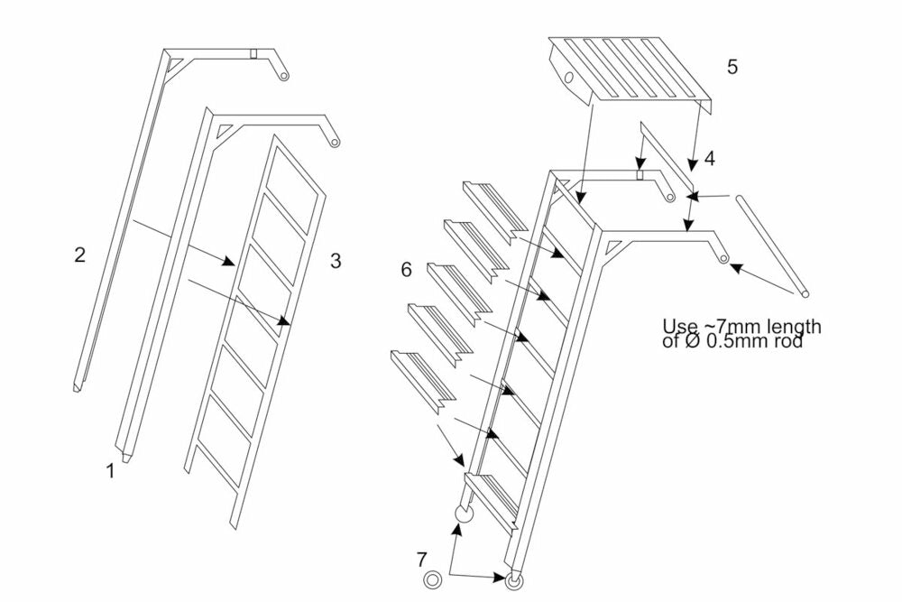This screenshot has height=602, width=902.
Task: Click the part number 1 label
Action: click(x=111, y=470)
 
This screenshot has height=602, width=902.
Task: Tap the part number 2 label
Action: click(x=79, y=255)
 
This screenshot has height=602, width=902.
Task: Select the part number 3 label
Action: click(x=336, y=261)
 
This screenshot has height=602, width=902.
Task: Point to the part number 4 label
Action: click(x=710, y=160)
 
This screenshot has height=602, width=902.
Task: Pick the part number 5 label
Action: click(x=732, y=67)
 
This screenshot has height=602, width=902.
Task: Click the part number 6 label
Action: click(x=407, y=269)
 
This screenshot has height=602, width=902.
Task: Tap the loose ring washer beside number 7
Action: click(x=432, y=579)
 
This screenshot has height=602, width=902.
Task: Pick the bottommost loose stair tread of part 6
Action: click(x=422, y=377)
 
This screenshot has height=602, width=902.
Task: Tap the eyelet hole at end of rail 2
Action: click(x=283, y=77)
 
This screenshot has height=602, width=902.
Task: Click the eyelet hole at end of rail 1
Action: click(x=334, y=141)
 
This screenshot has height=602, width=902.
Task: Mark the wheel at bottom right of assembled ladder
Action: click(x=515, y=579)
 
